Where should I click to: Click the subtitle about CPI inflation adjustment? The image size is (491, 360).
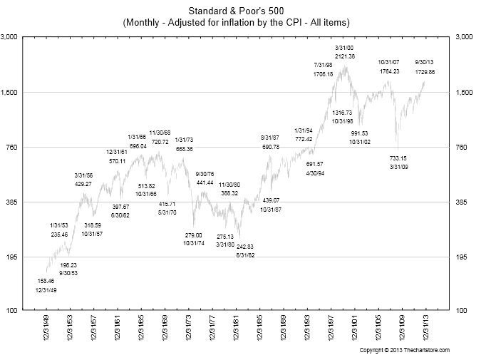click(244, 23)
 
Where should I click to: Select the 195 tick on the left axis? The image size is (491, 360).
click(16, 257)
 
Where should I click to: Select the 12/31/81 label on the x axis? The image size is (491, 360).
click(236, 332)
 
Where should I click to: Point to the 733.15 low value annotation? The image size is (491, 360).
click(398, 158)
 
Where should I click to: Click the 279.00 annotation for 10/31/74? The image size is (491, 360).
click(193, 235)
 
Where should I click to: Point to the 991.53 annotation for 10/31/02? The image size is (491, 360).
click(360, 133)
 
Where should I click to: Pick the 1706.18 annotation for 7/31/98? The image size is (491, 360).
click(323, 74)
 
